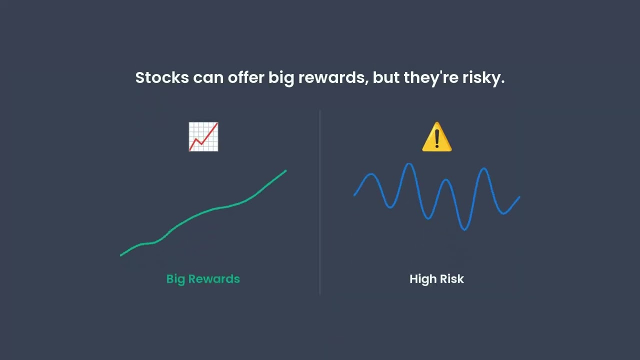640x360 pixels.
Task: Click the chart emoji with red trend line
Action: click(203, 136)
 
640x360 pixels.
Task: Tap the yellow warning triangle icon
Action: click(436, 137)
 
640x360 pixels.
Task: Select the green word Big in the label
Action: click(175, 279)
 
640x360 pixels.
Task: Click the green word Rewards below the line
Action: click(213, 279)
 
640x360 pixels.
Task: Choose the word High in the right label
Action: click(423, 279)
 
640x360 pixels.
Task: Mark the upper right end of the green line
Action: click(285, 171)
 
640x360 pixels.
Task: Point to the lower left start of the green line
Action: click(121, 255)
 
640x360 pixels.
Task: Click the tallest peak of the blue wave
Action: click(409, 164)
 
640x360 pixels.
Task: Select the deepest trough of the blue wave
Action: click(464, 229)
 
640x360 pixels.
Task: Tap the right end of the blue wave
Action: click(519, 197)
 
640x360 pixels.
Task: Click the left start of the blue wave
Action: click(354, 195)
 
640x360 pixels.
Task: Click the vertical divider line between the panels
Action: click(320, 200)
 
